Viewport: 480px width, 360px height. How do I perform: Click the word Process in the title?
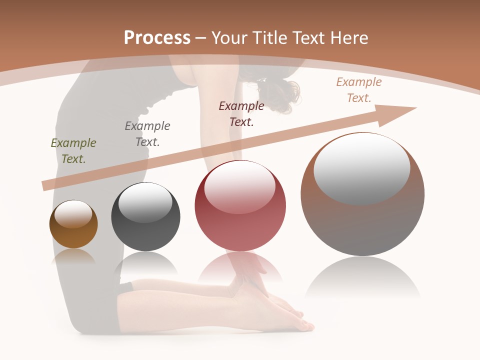pos(157,37)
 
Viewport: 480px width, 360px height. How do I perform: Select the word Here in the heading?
pos(349,37)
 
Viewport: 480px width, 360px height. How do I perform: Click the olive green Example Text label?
pos(73,151)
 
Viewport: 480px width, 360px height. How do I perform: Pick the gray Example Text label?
pos(147,134)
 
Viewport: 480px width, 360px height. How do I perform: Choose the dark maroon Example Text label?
pos(241,114)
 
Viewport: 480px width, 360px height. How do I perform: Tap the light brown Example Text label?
pos(359,90)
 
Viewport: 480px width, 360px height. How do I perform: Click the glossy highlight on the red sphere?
pos(239,186)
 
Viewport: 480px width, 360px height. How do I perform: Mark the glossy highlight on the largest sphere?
pos(361,168)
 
